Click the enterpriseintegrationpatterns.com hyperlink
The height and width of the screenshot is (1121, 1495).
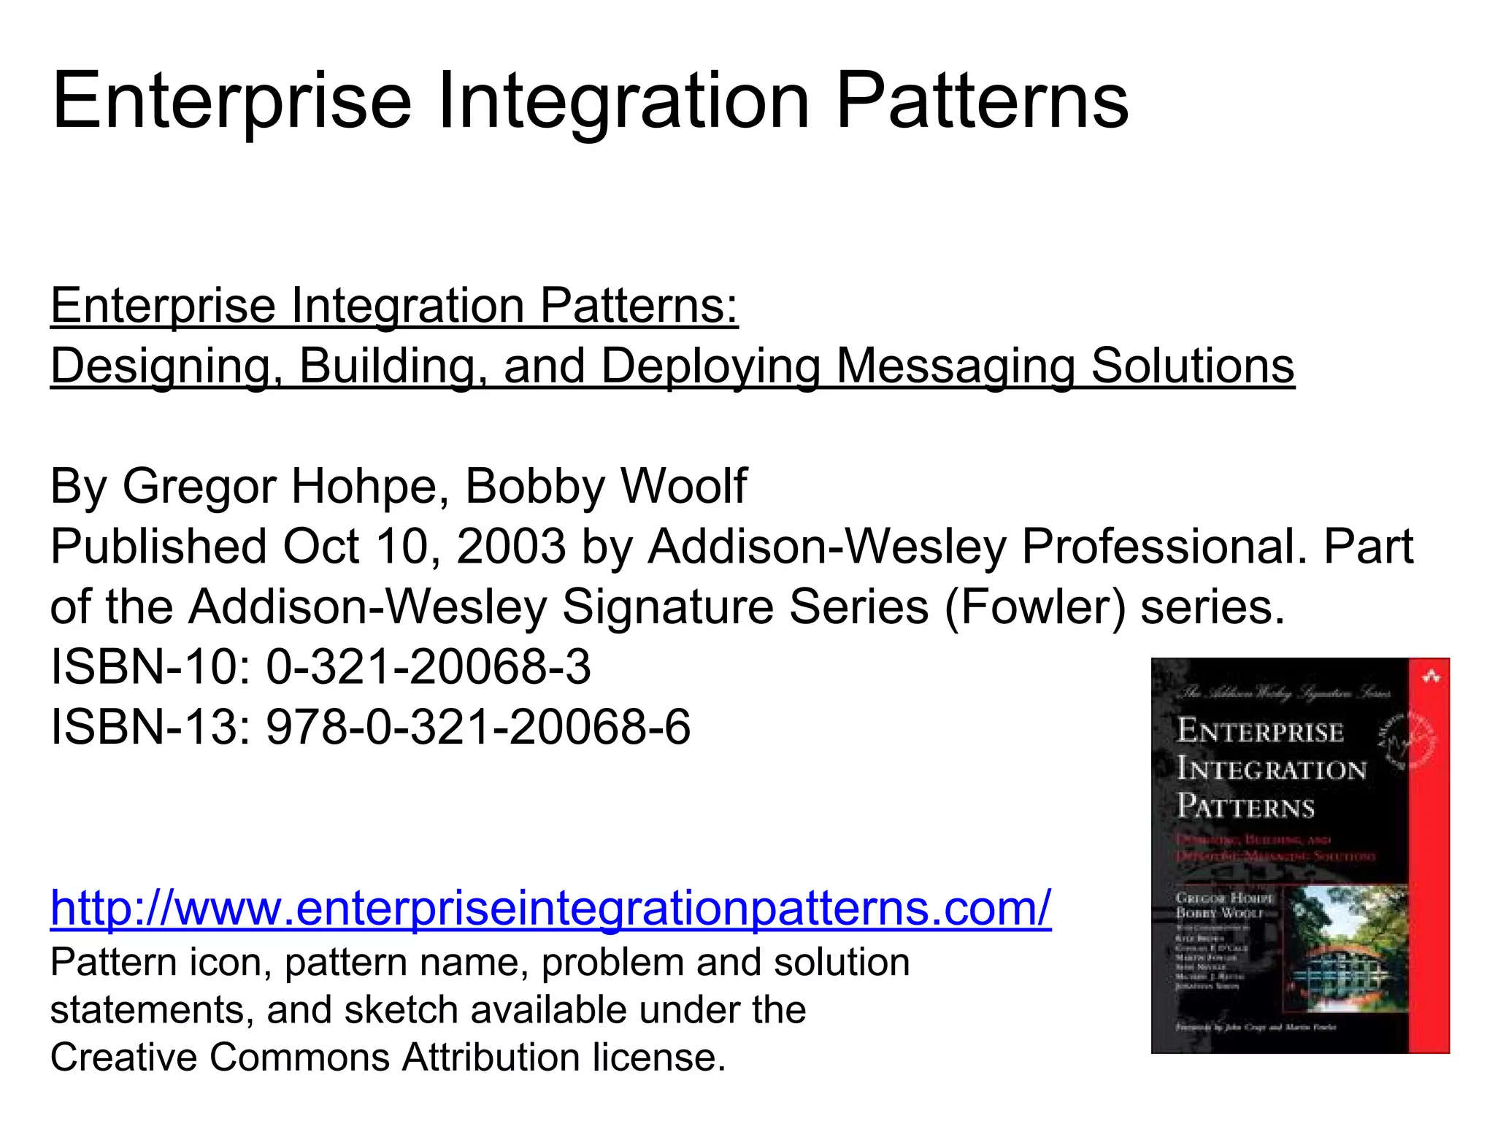(x=550, y=908)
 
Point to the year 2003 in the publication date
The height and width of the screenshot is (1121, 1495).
(x=511, y=547)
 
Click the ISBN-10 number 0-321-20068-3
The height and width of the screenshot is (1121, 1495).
(x=428, y=667)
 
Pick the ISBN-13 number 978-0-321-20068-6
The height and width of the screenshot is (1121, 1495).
(x=477, y=728)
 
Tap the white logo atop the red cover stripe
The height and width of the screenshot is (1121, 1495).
(x=1431, y=678)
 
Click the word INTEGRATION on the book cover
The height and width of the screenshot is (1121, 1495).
(x=1271, y=769)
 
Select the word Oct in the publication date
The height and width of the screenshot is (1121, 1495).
(x=321, y=547)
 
